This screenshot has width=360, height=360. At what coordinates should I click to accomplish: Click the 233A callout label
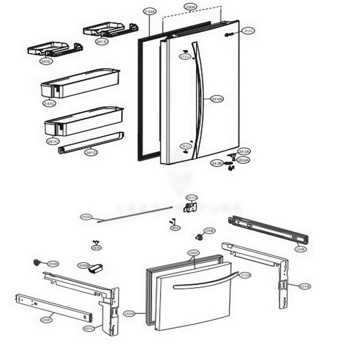(x=149, y=12)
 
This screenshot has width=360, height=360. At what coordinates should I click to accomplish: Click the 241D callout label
(x=91, y=153)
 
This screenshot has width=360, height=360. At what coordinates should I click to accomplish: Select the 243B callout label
(x=217, y=163)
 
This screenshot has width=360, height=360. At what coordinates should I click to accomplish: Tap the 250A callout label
(x=86, y=217)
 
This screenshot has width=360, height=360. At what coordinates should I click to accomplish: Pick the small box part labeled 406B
(x=96, y=268)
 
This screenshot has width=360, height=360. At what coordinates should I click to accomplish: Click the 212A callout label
(x=245, y=275)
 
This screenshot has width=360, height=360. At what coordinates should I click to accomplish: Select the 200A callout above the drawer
(x=193, y=253)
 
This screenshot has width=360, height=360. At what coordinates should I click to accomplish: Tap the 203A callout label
(x=129, y=314)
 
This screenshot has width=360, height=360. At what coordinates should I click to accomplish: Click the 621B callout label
(x=305, y=286)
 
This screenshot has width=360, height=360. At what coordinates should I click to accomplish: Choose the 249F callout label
(x=46, y=319)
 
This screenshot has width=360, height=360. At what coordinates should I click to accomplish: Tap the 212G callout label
(x=248, y=31)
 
